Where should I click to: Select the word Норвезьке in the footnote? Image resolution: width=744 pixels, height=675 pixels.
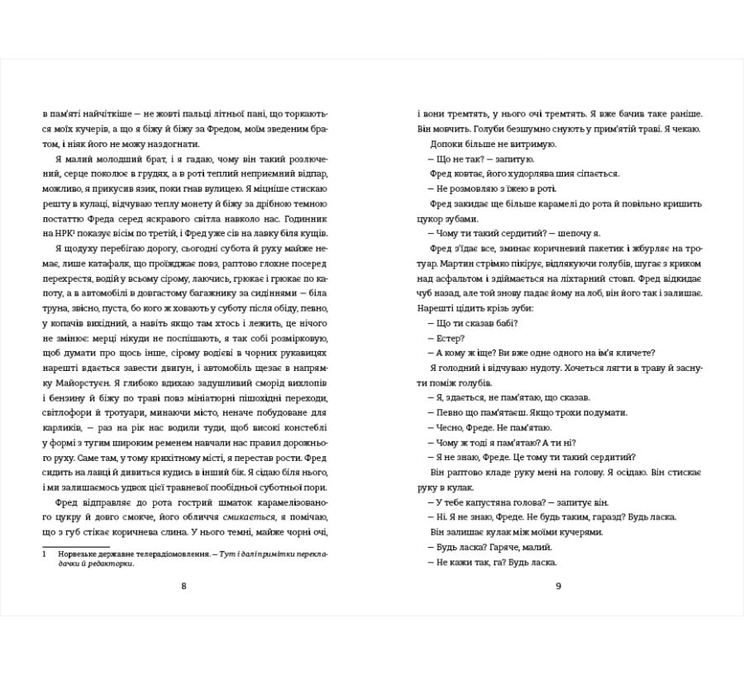click(x=79, y=555)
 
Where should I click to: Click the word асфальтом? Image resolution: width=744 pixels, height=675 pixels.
click(x=457, y=278)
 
